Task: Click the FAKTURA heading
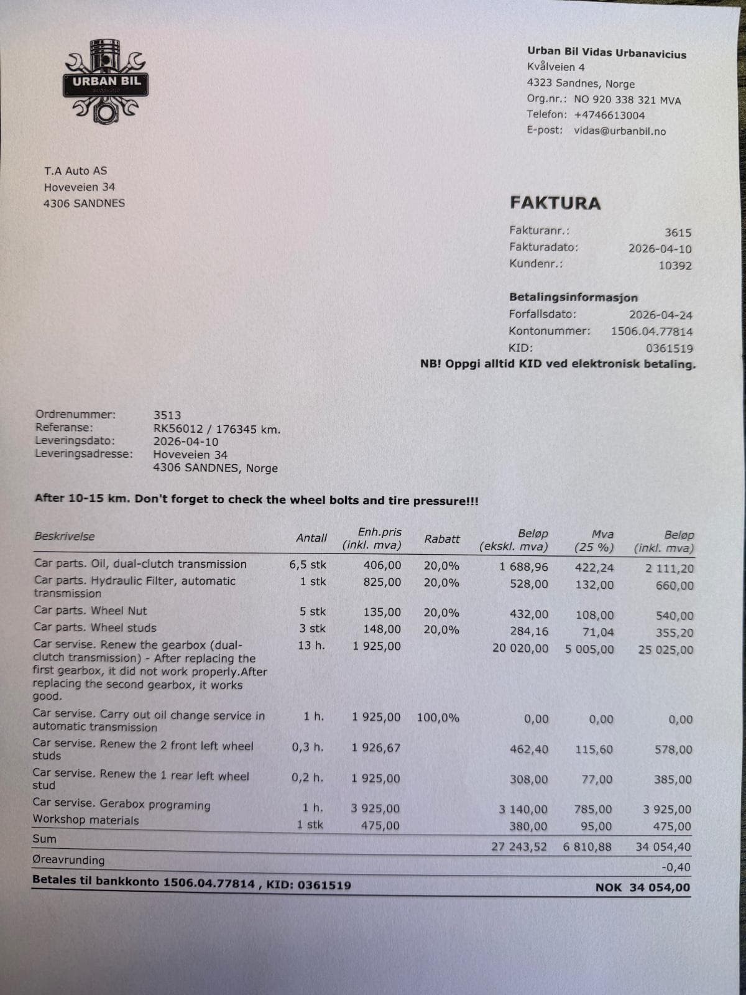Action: [x=555, y=203]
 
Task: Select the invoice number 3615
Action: [x=678, y=233]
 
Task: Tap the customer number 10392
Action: [x=675, y=266]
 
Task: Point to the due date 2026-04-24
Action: [x=660, y=315]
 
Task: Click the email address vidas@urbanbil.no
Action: [x=619, y=131]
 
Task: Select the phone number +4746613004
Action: [x=609, y=115]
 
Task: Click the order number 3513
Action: [x=167, y=415]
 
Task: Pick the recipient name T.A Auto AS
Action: [x=75, y=170]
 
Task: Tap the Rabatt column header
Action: [x=442, y=539]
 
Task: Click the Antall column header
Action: [x=311, y=538]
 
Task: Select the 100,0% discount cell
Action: [x=438, y=718]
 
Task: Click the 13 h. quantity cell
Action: [x=311, y=646]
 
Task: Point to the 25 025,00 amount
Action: [x=665, y=650]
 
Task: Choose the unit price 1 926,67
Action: [x=376, y=747]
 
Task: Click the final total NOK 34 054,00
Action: [x=643, y=887]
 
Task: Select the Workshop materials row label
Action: [x=86, y=820]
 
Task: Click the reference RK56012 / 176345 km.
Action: [x=217, y=429]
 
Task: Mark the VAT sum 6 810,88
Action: [x=587, y=846]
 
